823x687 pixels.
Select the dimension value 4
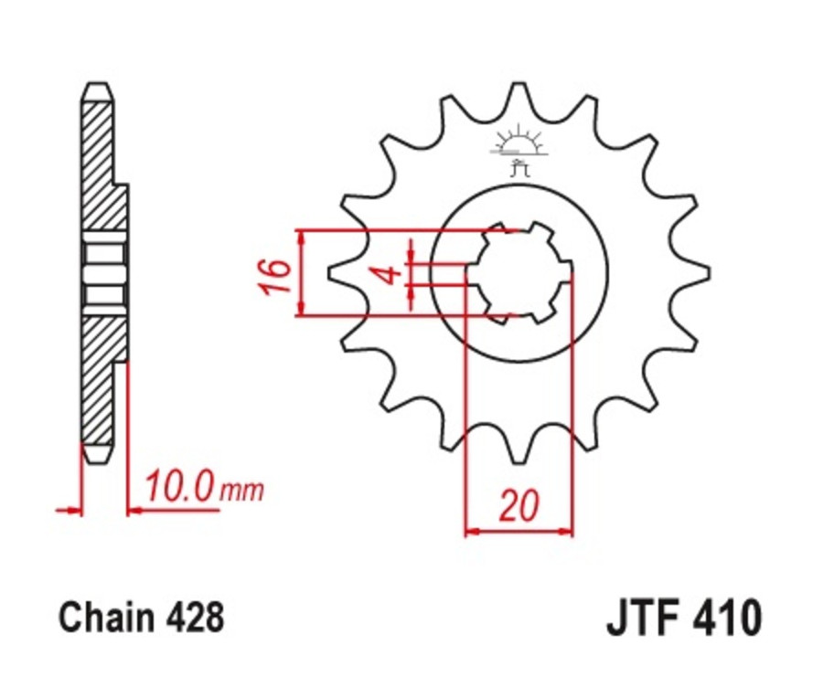pos(386,274)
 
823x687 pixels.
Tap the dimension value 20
pos(518,506)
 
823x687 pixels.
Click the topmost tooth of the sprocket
pos(518,89)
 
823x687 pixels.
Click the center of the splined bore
pos(518,273)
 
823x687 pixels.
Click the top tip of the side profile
pos(98,88)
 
